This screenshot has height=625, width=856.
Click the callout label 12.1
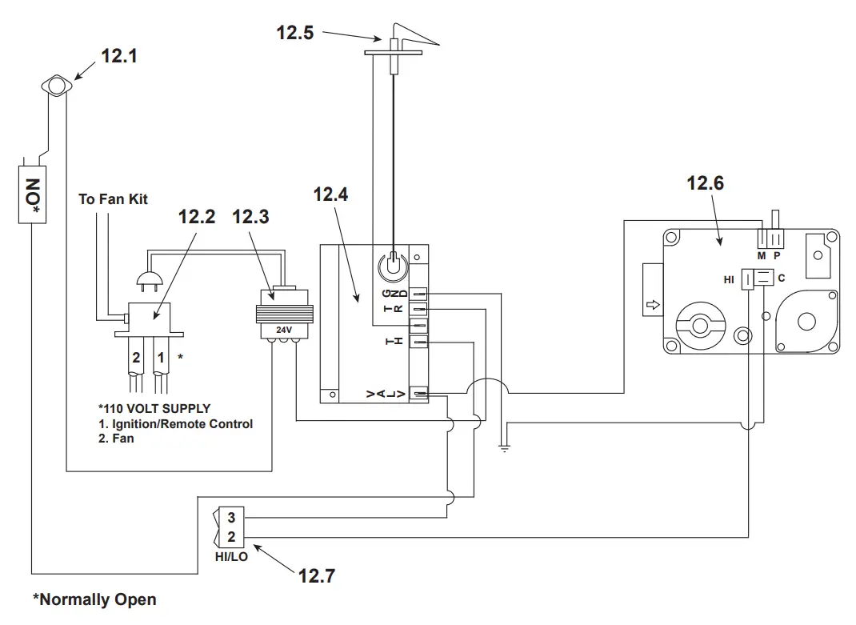point(119,57)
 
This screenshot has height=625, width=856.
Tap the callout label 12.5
point(295,33)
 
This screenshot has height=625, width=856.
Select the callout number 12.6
point(705,183)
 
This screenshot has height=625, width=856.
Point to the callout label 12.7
point(317,574)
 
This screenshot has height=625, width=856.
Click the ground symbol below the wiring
point(503,449)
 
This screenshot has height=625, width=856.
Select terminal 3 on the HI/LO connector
point(231,518)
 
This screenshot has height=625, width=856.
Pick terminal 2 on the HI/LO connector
point(231,537)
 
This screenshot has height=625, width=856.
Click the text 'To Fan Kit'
point(113,198)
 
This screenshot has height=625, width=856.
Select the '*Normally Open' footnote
point(94,599)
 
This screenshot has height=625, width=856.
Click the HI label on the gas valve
point(729,279)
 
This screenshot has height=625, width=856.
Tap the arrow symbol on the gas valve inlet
point(652,305)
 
